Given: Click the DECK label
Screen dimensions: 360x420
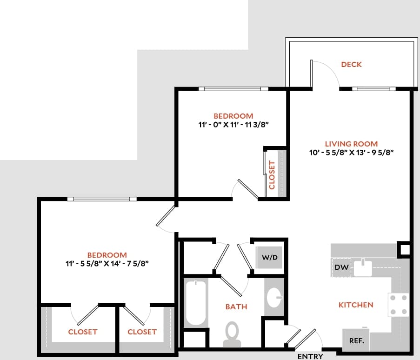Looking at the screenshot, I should [351, 65].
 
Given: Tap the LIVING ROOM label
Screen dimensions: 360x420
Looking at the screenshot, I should [351, 144].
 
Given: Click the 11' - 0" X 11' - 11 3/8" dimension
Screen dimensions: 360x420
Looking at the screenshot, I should [233, 125].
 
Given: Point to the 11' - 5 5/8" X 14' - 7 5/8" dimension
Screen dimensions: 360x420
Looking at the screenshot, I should [107, 264].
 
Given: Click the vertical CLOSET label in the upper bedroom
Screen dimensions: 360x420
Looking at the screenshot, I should [272, 175].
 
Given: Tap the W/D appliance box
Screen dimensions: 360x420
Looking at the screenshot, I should [270, 257].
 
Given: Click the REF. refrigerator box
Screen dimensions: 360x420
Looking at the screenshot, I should [356, 340].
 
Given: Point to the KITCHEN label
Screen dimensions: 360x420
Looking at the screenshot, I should [355, 305].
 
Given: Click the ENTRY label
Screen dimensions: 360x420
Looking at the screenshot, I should [310, 356].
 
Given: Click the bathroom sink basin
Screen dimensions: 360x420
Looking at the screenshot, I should [275, 295].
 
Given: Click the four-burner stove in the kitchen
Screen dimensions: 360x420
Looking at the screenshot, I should [398, 305].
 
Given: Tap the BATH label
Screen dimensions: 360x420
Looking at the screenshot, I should [236, 307].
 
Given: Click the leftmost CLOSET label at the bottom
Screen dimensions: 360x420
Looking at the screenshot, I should [83, 332].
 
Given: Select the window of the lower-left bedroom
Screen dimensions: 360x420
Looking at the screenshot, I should [102, 199].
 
